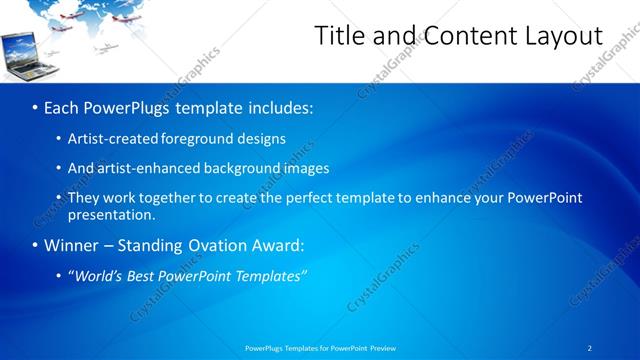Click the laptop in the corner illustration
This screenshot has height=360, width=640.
pyautogui.click(x=21, y=54)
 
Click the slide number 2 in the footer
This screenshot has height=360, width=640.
pyautogui.click(x=589, y=348)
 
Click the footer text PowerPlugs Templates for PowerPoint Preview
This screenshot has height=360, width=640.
pyautogui.click(x=320, y=348)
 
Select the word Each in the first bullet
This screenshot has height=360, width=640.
pyautogui.click(x=64, y=107)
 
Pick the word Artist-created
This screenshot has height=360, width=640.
pyautogui.click(x=111, y=139)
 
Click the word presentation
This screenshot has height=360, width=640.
pyautogui.click(x=111, y=214)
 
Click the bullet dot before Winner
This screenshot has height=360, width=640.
pyautogui.click(x=35, y=246)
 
